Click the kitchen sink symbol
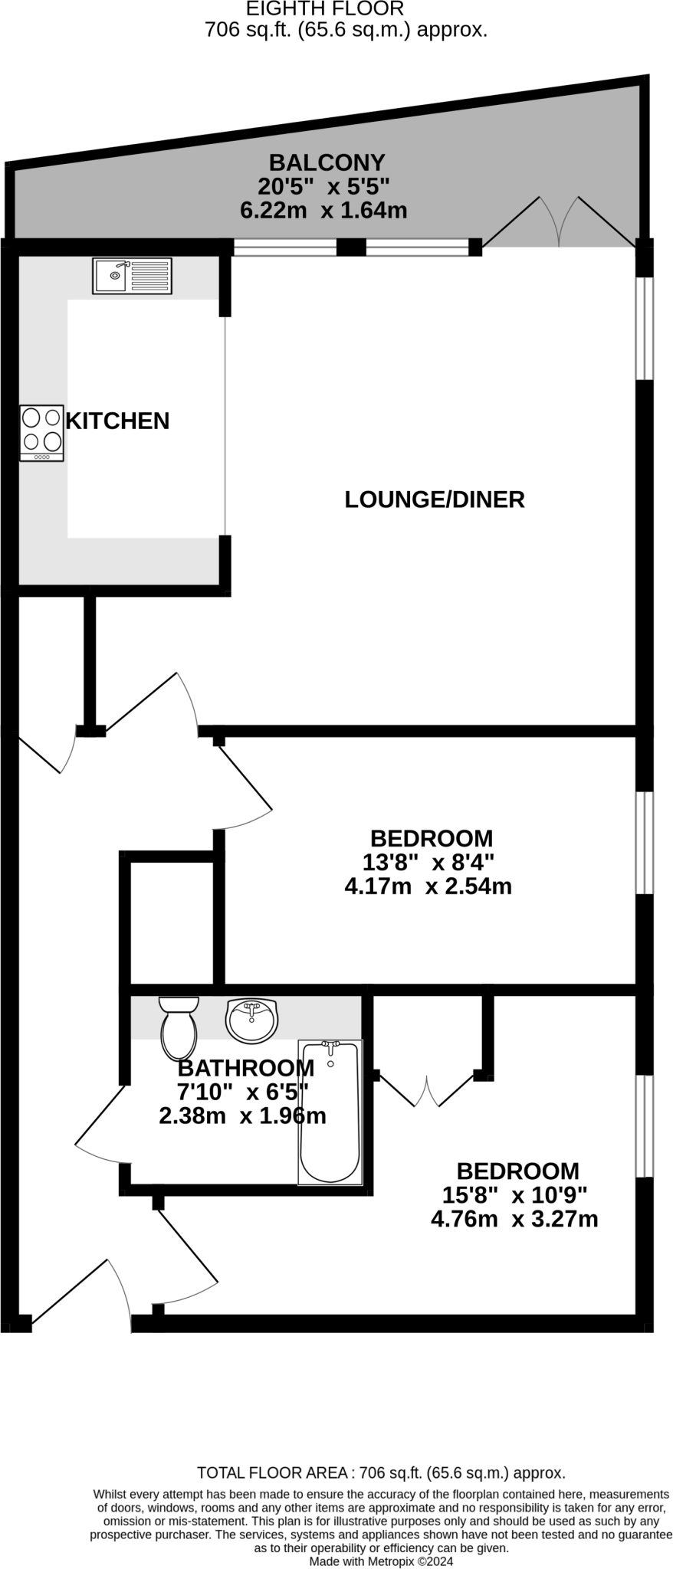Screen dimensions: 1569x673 click(x=132, y=276)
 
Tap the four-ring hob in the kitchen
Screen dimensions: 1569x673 click(x=41, y=433)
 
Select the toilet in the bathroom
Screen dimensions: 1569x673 click(x=179, y=1027)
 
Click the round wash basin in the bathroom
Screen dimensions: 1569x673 click(x=251, y=1020)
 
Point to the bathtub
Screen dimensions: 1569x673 click(x=330, y=1112)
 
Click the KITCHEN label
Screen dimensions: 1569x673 click(x=117, y=421)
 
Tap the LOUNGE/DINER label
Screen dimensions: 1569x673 click(x=434, y=500)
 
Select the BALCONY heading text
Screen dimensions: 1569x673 click(x=326, y=162)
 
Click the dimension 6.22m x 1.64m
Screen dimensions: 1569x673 click(x=323, y=210)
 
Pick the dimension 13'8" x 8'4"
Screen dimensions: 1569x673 click(x=428, y=863)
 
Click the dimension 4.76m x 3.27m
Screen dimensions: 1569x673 click(x=514, y=1219)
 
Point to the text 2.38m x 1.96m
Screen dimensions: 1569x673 click(x=242, y=1115)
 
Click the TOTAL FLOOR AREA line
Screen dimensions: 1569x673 click(x=381, y=1472)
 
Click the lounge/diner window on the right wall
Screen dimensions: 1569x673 click(x=645, y=328)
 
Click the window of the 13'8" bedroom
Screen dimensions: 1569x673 click(x=645, y=843)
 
